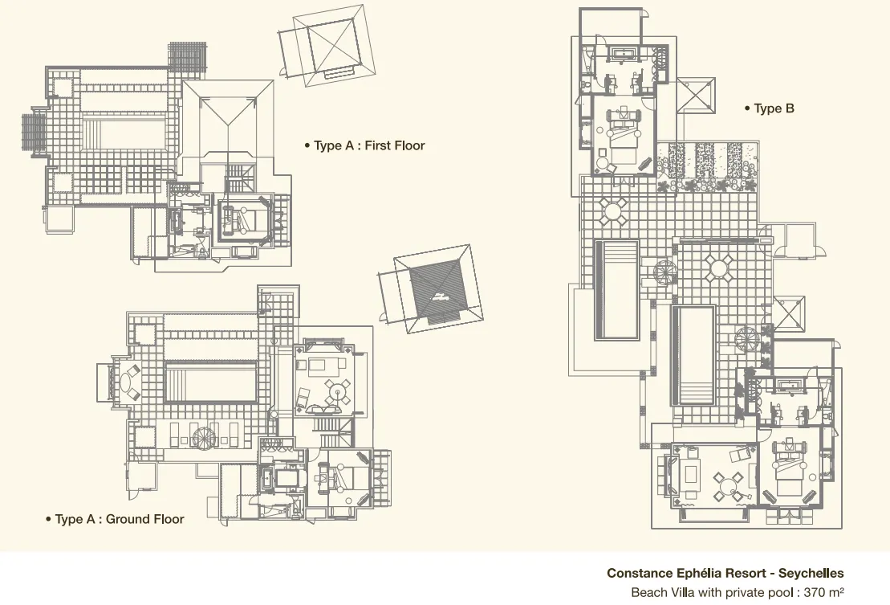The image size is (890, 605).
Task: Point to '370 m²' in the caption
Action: pyautogui.click(x=821, y=593)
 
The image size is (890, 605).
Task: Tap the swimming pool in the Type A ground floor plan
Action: pyautogui.click(x=211, y=382)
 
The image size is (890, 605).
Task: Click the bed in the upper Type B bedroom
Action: pyautogui.click(x=623, y=135)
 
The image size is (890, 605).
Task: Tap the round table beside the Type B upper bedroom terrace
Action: pyautogui.click(x=614, y=212)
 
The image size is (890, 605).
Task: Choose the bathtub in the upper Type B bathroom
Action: pyautogui.click(x=624, y=55)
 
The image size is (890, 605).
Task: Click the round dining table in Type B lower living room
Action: pyautogui.click(x=727, y=484)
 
